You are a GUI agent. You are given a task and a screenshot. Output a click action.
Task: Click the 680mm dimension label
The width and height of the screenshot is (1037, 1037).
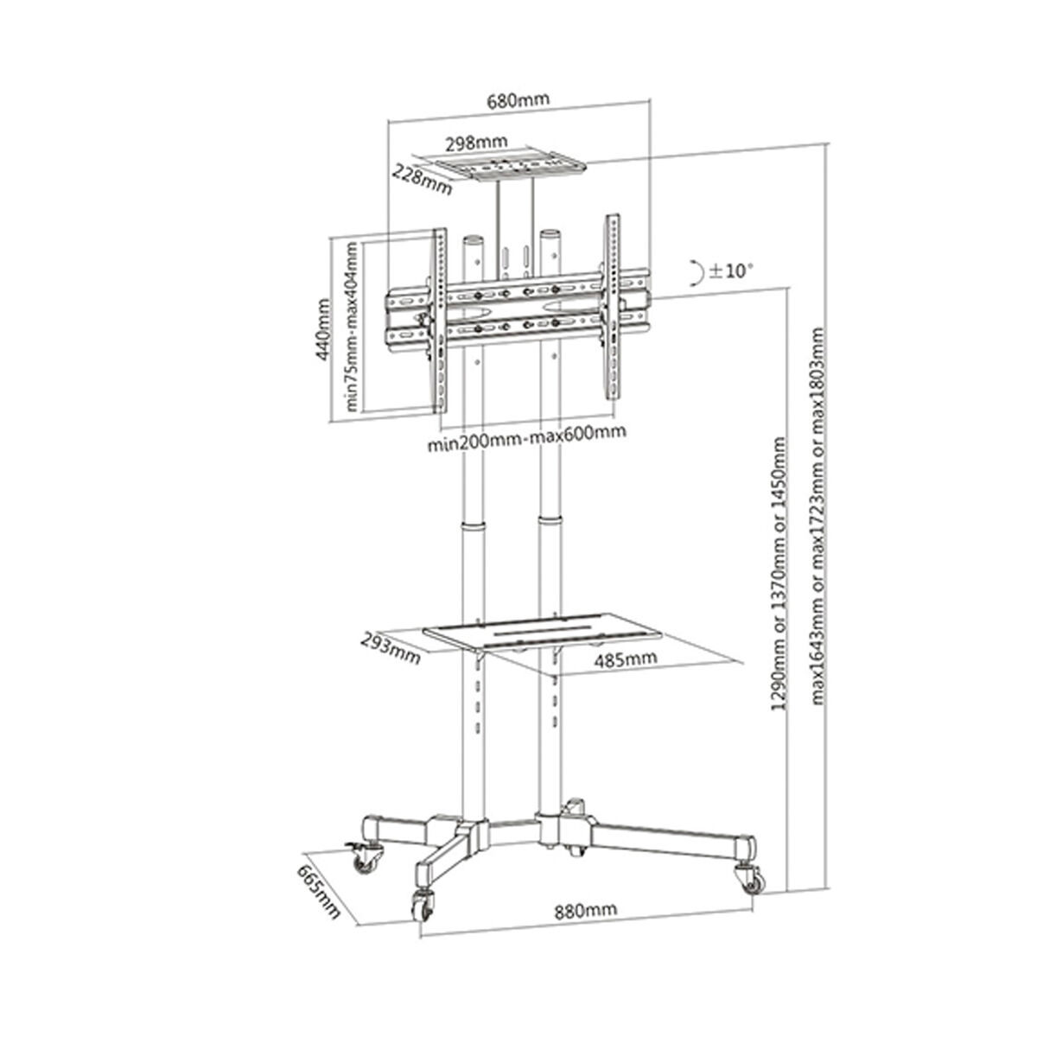pos(518,99)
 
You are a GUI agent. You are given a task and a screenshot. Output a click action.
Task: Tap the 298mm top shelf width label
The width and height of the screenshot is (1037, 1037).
pos(477,142)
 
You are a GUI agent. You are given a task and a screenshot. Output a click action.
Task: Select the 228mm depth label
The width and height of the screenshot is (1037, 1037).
pos(421,180)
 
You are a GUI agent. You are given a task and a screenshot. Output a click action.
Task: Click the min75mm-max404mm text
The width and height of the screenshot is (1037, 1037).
pos(352,325)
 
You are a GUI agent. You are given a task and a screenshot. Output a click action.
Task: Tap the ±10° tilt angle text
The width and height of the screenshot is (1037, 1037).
pos(731,270)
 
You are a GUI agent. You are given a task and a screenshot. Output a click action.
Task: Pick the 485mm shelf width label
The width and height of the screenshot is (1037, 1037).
pos(626,659)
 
